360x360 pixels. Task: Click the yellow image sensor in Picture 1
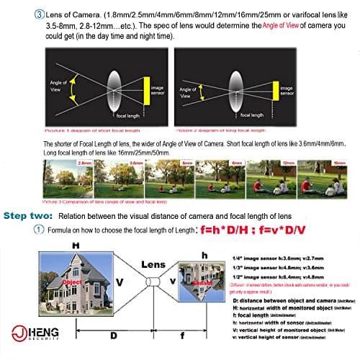pos(146,89)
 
